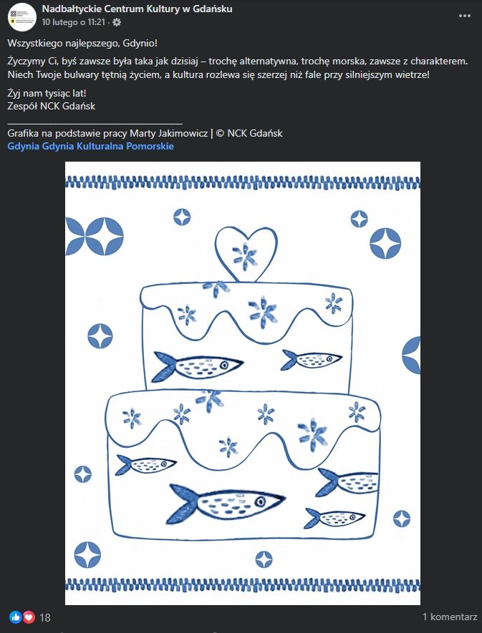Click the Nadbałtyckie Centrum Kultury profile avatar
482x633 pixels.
pos(22,16)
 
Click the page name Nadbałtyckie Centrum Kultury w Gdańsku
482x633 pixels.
pos(137,9)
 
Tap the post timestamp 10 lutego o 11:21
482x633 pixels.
pos(74,22)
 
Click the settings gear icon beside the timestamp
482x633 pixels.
pos(117,22)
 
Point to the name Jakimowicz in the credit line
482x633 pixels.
pos(178,133)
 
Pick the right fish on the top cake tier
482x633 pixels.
pos(311,358)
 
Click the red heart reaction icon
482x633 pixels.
pos(29,617)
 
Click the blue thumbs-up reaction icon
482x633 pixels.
pos(16,617)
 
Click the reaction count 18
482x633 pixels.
pos(45,617)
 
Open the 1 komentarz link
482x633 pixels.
pos(449,617)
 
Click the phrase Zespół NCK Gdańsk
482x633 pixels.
pos(51,107)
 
